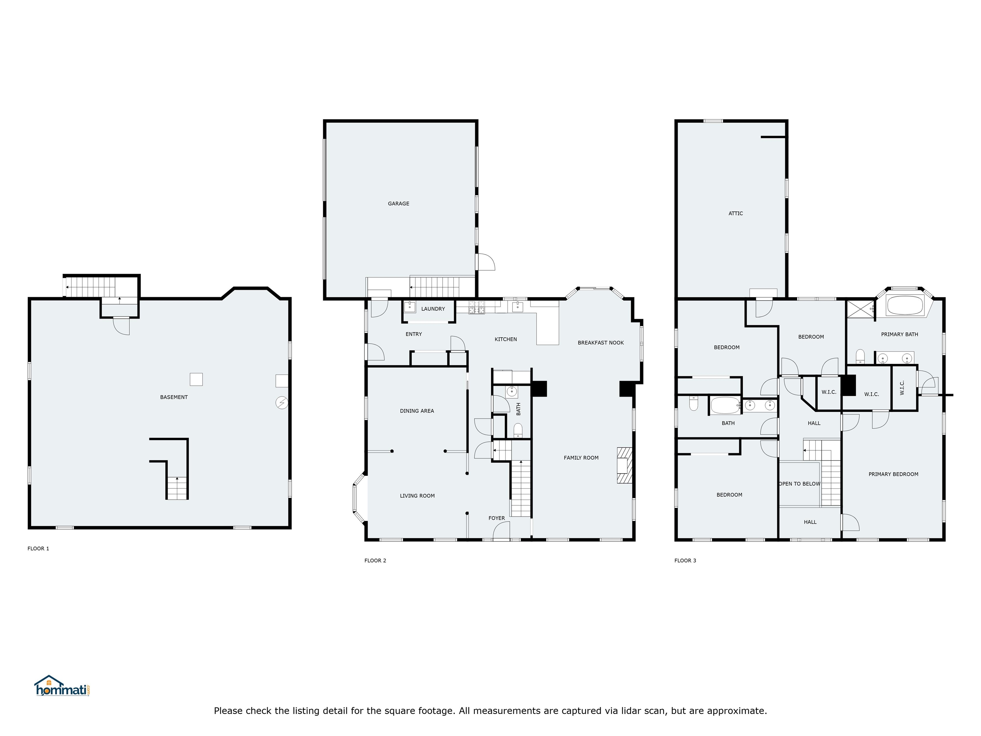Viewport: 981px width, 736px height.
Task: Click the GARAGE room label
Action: coord(398,203)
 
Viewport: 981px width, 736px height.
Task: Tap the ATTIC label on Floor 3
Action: coord(735,213)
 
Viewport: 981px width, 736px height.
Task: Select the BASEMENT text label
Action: coord(174,397)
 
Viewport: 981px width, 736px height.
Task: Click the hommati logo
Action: coord(62,687)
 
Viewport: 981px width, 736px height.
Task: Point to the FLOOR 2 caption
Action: coord(375,560)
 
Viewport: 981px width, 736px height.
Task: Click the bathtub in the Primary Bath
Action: coord(905,305)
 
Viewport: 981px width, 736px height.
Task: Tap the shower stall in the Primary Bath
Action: coord(859,309)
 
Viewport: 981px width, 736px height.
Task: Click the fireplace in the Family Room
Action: coord(624,465)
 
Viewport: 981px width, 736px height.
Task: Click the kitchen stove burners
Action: coord(477,307)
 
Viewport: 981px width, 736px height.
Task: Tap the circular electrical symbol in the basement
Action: coord(282,403)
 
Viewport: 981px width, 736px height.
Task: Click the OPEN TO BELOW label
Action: coord(800,484)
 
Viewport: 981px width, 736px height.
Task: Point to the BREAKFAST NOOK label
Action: coord(600,342)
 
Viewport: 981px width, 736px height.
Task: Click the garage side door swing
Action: coord(485,262)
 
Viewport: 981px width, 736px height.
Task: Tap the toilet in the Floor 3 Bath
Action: coord(694,404)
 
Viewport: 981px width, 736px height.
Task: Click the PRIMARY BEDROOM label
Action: coord(893,474)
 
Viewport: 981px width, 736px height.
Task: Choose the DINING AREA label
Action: coord(417,411)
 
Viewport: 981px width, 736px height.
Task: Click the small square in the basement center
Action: coord(196,379)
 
